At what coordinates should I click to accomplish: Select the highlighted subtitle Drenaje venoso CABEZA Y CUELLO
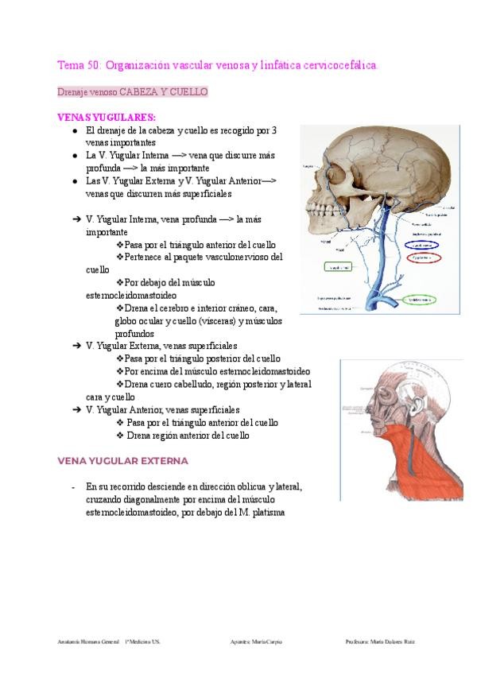click(132, 92)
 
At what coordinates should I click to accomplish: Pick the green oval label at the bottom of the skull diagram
click(418, 300)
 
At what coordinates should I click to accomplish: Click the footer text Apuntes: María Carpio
click(254, 641)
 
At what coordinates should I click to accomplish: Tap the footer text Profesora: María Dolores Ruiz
click(381, 641)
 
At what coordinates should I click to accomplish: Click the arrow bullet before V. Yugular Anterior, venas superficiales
click(76, 410)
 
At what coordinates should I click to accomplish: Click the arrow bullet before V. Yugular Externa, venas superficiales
click(76, 346)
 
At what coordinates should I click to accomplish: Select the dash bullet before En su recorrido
click(73, 486)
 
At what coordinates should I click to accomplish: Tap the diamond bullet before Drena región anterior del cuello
click(120, 436)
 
